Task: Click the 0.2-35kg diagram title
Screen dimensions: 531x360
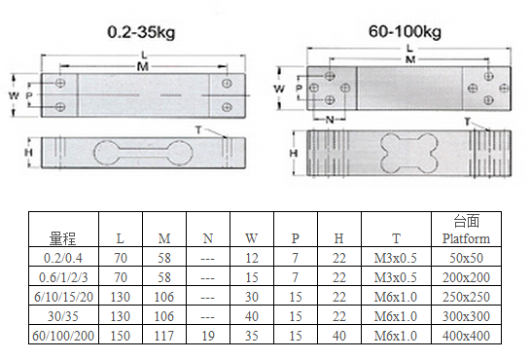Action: coord(141,32)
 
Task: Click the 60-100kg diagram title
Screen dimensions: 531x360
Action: coord(405,32)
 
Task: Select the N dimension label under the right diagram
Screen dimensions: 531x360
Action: coord(329,120)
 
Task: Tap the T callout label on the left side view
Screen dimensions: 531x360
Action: coord(198,129)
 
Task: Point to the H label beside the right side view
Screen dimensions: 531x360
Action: coord(294,153)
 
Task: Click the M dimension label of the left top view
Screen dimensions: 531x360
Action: coord(143,66)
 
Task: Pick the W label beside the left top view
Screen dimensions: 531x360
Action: coord(14,95)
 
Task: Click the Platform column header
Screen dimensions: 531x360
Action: coord(466,238)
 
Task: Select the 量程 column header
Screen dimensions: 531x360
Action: coord(62,238)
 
